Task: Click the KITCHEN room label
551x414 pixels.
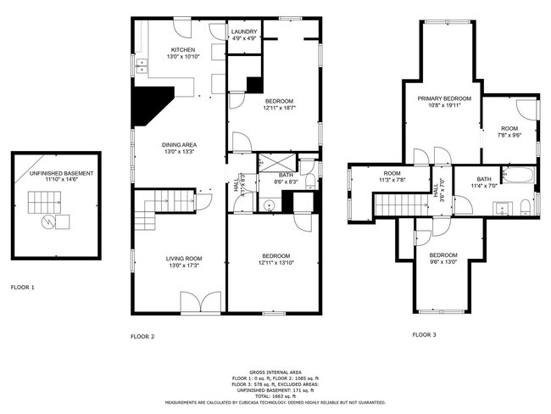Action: click(x=183, y=50)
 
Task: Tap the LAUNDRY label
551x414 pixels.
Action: click(x=244, y=32)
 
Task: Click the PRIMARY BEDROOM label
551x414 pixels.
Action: click(x=443, y=99)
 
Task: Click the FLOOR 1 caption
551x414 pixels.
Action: click(x=22, y=288)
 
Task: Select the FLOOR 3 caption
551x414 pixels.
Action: click(x=424, y=335)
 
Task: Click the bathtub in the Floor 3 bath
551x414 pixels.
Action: click(x=518, y=176)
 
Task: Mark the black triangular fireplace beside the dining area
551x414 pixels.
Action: click(x=150, y=105)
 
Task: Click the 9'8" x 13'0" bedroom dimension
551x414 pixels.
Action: click(x=442, y=262)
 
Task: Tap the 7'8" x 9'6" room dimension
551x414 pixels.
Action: click(x=509, y=134)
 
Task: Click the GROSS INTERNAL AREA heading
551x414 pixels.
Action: click(x=275, y=372)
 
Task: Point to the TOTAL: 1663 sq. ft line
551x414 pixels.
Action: click(x=275, y=397)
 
